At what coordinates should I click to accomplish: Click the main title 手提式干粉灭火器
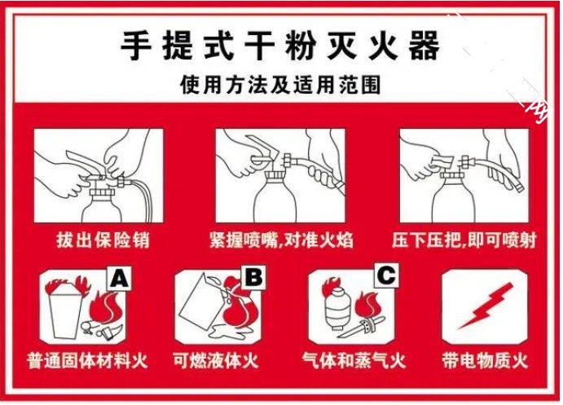coord(280,46)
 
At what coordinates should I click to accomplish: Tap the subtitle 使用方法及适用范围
coord(280,85)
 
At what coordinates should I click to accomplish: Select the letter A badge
coord(119,278)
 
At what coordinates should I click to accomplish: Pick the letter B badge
coord(253,277)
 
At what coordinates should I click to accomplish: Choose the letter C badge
coord(386,275)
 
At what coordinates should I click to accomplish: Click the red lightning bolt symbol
coord(485,306)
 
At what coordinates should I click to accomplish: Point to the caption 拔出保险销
coord(103,240)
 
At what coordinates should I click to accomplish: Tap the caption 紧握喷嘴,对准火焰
coord(282,240)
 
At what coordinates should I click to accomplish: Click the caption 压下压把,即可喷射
coord(464,240)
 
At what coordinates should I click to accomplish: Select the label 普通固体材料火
coord(87,360)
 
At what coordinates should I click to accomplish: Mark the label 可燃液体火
coord(216,360)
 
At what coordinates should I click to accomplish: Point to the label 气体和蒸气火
coord(354,360)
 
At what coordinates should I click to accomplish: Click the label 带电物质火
coord(485,360)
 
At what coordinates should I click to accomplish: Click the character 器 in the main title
coord(424,46)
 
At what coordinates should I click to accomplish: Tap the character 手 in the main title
coord(136,46)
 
